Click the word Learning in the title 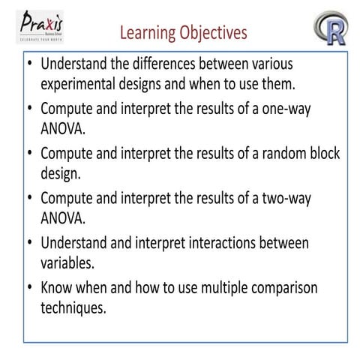[148, 33]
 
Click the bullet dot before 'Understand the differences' [30, 64]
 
